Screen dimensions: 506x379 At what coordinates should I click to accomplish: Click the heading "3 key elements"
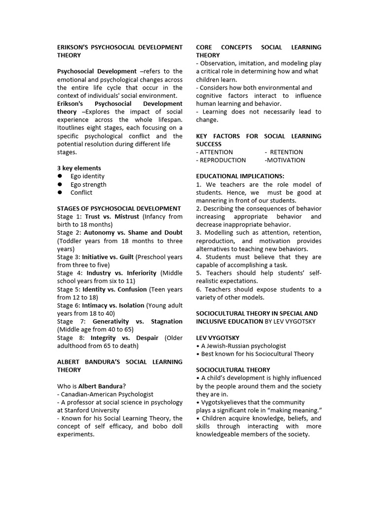(79, 168)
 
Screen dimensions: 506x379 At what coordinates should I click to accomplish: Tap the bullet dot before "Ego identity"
(60, 176)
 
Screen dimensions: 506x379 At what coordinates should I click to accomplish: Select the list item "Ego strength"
(88, 184)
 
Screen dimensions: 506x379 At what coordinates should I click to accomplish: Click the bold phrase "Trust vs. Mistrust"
(112, 216)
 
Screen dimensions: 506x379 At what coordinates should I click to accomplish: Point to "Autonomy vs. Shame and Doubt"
(132, 233)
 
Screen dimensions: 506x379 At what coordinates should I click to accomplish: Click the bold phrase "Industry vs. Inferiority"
(121, 273)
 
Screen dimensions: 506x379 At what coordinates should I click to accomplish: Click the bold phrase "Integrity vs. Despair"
(124, 337)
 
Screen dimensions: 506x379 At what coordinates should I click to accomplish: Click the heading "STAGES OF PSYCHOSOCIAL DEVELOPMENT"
(119, 209)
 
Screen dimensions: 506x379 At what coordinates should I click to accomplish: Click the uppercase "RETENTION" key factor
(286, 152)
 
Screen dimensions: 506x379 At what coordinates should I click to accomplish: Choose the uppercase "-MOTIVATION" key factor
(285, 160)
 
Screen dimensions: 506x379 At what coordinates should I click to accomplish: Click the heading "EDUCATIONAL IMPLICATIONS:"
(239, 176)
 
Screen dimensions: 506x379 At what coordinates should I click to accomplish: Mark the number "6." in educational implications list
(199, 289)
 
